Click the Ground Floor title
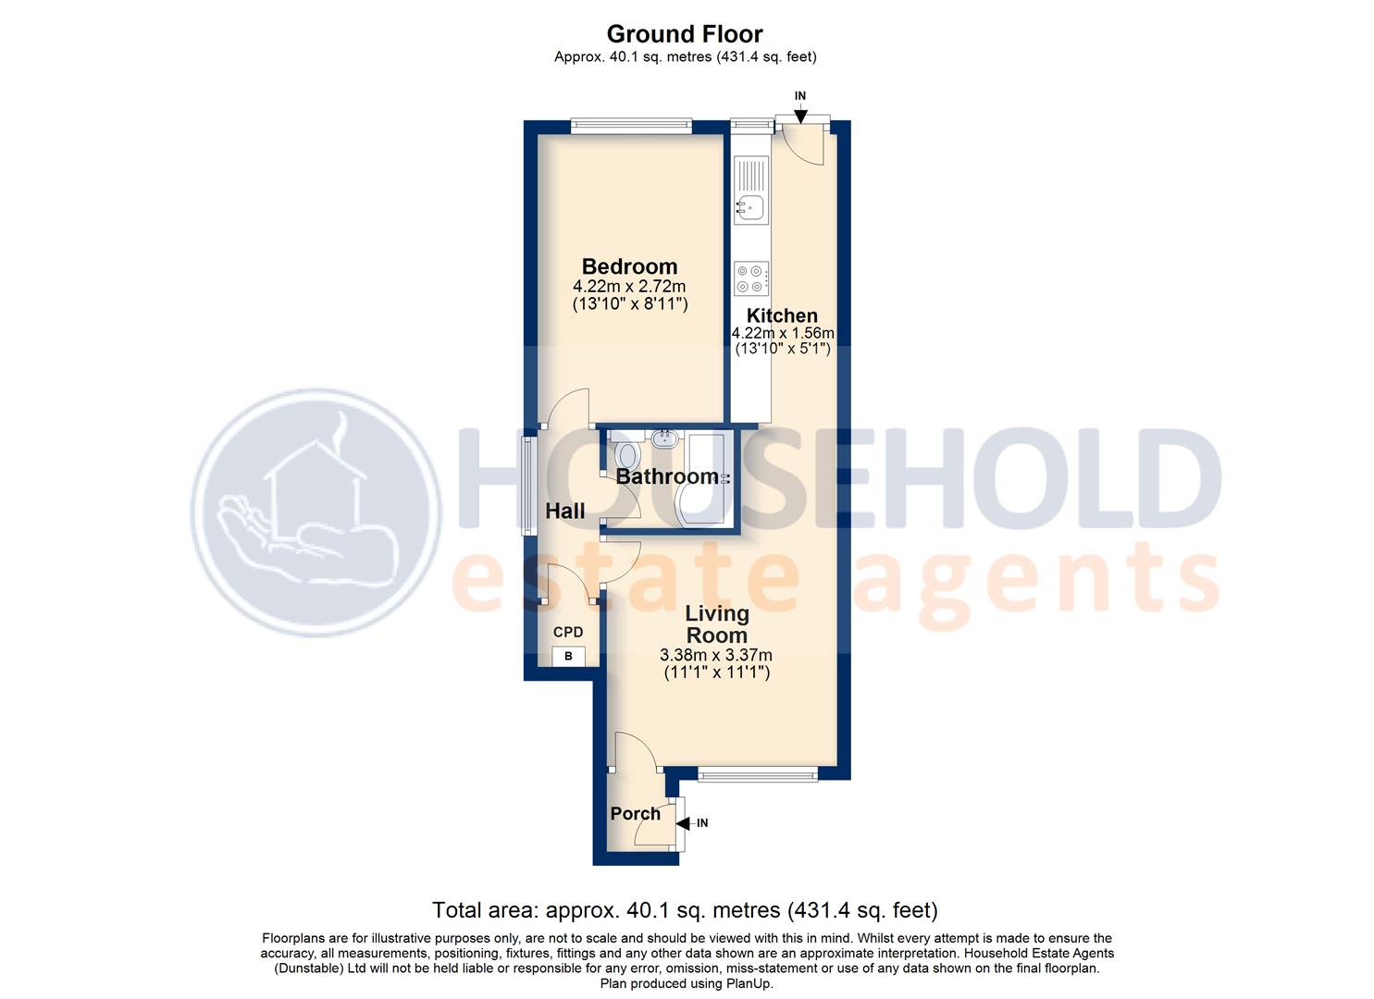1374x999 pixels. tap(685, 34)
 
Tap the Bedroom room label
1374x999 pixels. tap(629, 266)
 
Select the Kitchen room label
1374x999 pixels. tap(782, 315)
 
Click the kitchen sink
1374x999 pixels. tap(750, 206)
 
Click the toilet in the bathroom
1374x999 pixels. tap(627, 455)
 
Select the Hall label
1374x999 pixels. tap(564, 511)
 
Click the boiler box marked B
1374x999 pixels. tap(568, 656)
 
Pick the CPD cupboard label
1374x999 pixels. tap(568, 632)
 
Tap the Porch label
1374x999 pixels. tap(636, 813)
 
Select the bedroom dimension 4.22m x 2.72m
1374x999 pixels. tap(630, 287)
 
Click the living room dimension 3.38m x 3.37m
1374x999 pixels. tap(716, 655)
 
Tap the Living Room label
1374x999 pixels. tap(716, 624)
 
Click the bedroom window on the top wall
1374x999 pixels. tap(631, 127)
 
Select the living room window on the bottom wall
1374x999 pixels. tap(757, 774)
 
